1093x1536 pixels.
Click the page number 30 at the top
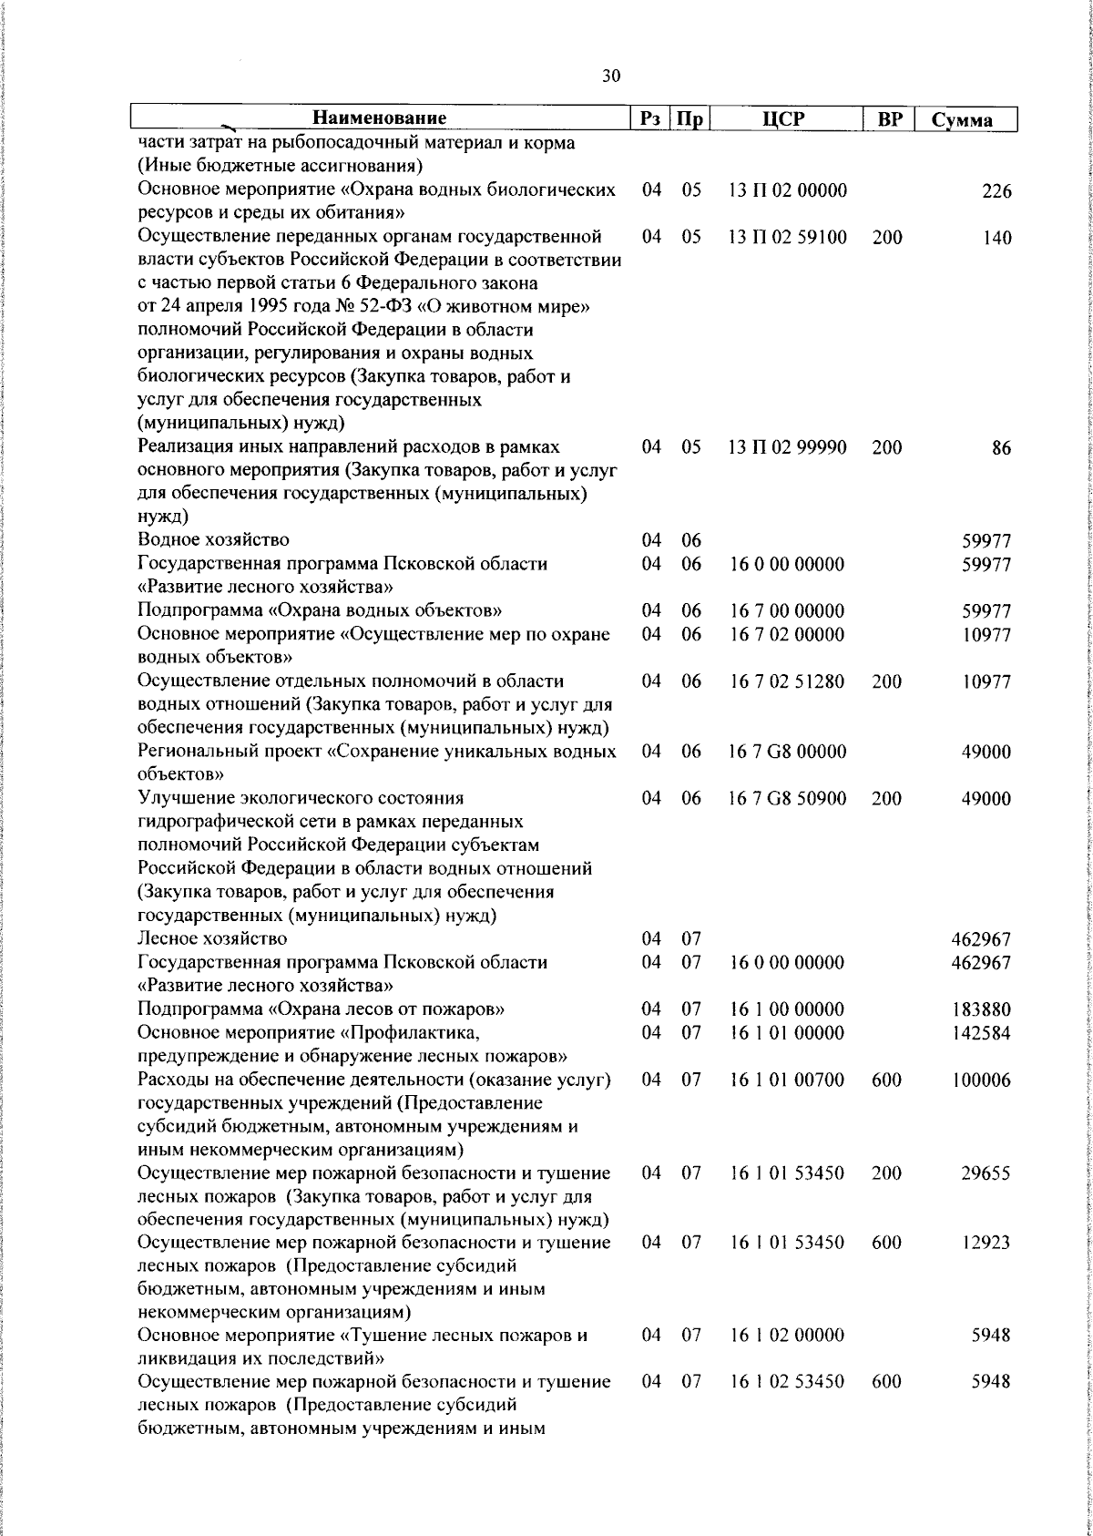pyautogui.click(x=611, y=77)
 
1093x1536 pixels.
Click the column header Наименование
pyautogui.click(x=380, y=118)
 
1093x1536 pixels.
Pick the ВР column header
pyautogui.click(x=888, y=118)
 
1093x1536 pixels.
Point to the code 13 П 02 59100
pyautogui.click(x=788, y=238)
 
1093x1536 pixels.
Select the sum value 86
pyautogui.click(x=1001, y=448)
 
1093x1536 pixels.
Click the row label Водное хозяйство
pyautogui.click(x=214, y=541)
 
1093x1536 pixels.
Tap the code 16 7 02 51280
pyautogui.click(x=788, y=681)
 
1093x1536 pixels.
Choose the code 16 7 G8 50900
pyautogui.click(x=788, y=798)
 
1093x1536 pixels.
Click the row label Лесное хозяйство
pyautogui.click(x=212, y=938)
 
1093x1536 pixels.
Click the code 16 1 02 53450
pyautogui.click(x=788, y=1382)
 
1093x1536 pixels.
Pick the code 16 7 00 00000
pyautogui.click(x=788, y=610)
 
